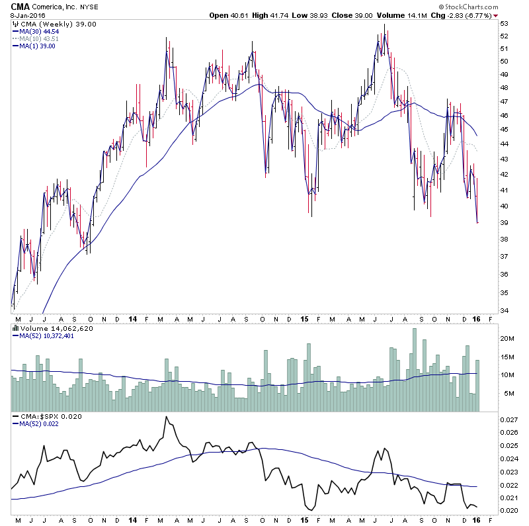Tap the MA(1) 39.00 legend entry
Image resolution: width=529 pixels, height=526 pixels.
point(38,46)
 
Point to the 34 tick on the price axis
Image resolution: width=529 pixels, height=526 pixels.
point(505,311)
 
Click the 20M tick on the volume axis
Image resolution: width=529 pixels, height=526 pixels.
point(507,337)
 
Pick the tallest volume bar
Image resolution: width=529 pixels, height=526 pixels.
point(415,371)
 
